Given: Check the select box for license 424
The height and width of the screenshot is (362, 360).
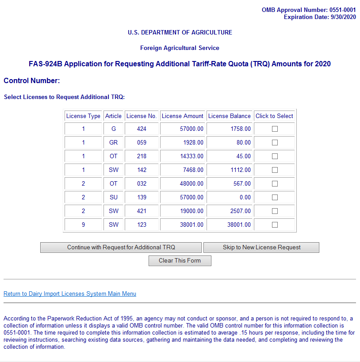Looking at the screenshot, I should coord(275,129).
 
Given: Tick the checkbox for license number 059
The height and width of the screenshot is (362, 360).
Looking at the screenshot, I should coord(275,143).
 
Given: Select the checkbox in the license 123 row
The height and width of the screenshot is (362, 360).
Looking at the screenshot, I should coord(275,225).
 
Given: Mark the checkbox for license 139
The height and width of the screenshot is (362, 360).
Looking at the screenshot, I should coord(275,198).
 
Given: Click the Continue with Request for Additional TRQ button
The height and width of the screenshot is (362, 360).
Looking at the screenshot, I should coord(121,248).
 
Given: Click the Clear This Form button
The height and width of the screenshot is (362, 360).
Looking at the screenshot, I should coord(180,261).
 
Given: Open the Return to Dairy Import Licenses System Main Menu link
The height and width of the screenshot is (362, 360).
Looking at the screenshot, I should coord(70,294).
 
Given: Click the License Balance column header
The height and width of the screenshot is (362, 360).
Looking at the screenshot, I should coord(229,116).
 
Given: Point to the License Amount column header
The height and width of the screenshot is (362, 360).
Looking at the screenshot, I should coord(182,116).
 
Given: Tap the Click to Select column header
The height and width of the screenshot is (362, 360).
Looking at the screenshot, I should coord(274,116).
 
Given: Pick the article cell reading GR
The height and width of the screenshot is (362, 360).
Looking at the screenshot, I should coord(113,143).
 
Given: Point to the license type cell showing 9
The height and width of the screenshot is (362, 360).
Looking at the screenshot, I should coord(83,225).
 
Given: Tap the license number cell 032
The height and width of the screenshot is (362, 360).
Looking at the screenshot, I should coord(142,184).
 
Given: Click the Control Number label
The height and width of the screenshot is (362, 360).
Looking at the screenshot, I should coord(31,81).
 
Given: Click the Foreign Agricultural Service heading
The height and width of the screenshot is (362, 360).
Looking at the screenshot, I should coord(180,48).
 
